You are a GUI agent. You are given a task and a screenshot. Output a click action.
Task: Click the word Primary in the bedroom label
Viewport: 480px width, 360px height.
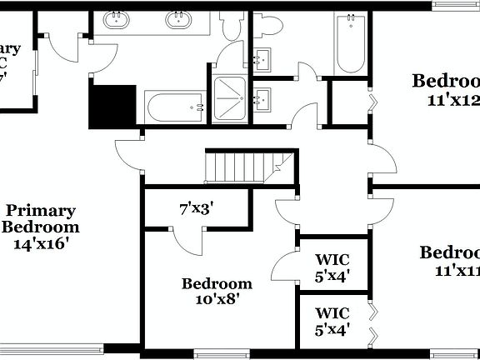[x=40, y=212]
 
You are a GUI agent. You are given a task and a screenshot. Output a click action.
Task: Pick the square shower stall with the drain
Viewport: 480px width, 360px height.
[x=231, y=99]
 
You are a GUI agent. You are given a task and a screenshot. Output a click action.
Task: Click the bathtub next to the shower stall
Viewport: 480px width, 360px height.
[x=174, y=107]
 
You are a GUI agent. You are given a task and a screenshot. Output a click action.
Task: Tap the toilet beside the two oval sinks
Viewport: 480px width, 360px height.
[x=236, y=25]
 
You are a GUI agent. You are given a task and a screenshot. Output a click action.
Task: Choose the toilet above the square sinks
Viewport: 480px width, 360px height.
[x=269, y=25]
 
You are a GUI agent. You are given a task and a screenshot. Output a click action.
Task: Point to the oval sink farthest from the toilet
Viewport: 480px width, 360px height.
[x=117, y=19]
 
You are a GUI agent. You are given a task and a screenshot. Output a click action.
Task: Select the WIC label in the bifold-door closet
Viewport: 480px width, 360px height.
[x=332, y=313]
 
